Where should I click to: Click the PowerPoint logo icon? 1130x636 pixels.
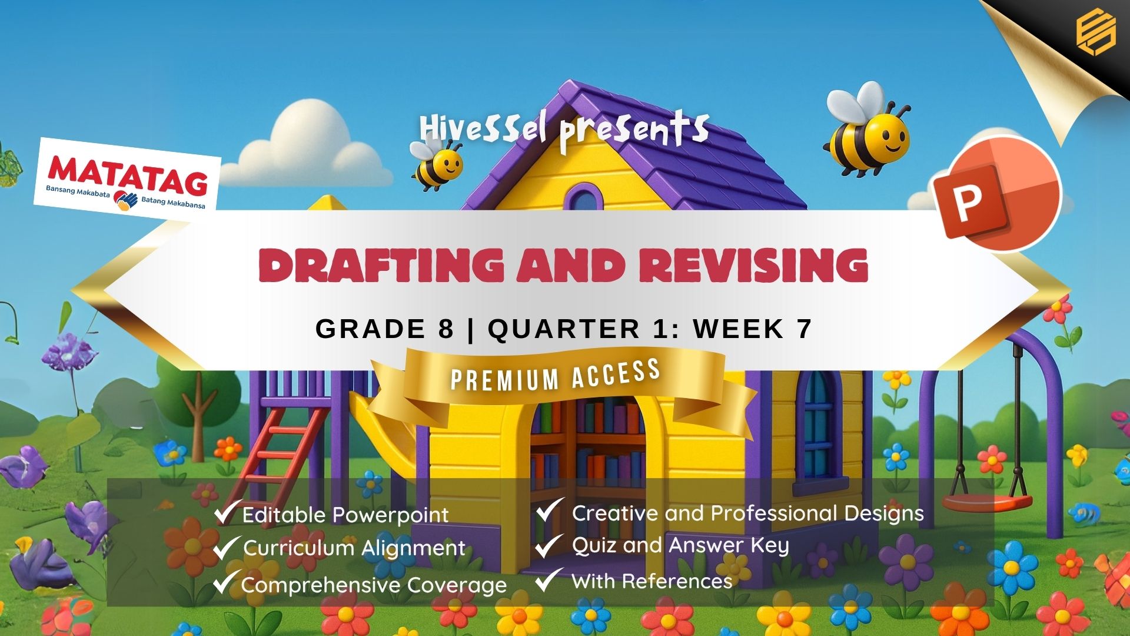[x=997, y=194]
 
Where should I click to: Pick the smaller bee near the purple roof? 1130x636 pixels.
[x=436, y=161]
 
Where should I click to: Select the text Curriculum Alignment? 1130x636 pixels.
[x=354, y=548]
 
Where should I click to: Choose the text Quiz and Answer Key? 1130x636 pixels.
[x=680, y=546]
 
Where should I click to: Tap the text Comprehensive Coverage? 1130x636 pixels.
[x=374, y=585]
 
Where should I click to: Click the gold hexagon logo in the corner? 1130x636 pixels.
[x=1096, y=34]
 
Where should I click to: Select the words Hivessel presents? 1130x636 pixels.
[x=564, y=131]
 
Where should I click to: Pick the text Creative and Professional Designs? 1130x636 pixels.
[x=747, y=514]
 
